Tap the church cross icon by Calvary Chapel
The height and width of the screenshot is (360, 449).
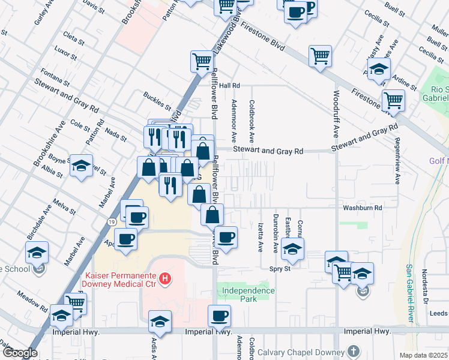[354, 350]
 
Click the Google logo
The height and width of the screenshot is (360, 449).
[19, 353]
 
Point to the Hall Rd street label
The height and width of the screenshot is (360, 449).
[229, 86]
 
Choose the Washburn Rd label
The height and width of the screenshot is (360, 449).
[363, 208]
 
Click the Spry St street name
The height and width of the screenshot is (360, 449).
[280, 269]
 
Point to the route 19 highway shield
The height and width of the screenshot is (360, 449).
[112, 222]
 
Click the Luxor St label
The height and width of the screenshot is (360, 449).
[65, 53]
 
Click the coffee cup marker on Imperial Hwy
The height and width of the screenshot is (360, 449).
[219, 316]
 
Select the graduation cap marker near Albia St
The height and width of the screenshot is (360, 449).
[80, 166]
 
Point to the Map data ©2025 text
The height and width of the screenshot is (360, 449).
[423, 355]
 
